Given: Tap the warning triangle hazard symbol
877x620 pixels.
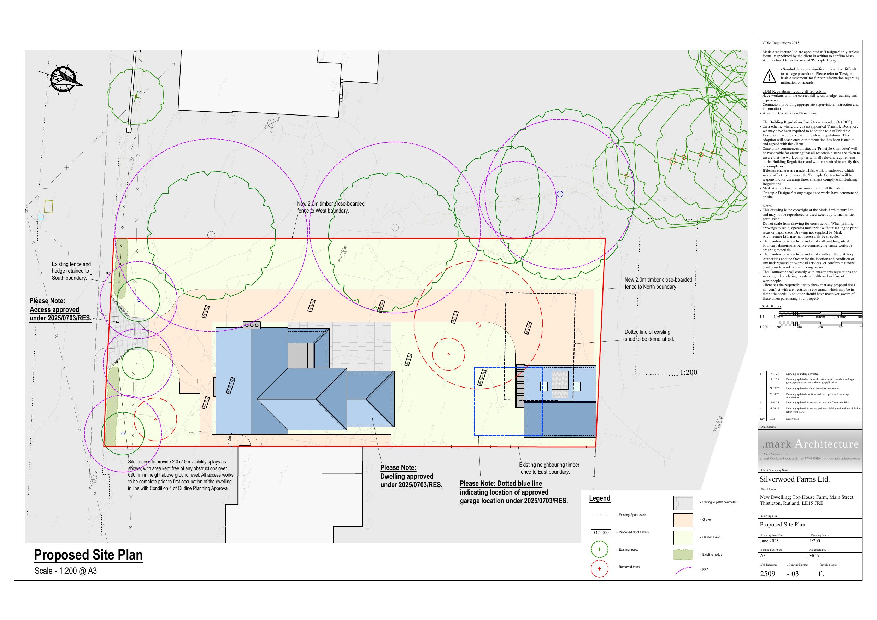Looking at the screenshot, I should (x=769, y=76).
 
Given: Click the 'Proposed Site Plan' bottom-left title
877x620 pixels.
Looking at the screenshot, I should (x=88, y=555).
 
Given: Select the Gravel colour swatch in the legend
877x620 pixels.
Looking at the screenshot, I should (x=683, y=520).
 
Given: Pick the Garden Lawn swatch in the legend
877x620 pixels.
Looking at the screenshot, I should (x=683, y=537).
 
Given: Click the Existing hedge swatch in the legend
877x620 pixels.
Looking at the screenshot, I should (x=683, y=555).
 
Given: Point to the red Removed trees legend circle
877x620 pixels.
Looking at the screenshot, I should (x=599, y=569).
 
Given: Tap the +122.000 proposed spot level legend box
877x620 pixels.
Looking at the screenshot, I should (x=601, y=532).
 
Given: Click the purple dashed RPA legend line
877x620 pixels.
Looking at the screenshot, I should (x=683, y=570).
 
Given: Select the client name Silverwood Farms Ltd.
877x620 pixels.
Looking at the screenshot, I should (x=795, y=479).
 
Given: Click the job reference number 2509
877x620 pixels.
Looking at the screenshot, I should (x=767, y=574).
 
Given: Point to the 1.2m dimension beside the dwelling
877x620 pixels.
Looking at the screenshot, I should (x=230, y=440).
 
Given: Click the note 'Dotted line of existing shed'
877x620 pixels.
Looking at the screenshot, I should (x=649, y=335).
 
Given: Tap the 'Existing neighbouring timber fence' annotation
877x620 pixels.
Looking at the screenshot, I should (x=549, y=468).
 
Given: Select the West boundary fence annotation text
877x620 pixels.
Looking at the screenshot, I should (x=330, y=207).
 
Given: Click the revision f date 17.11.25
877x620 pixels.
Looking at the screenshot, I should (x=774, y=374).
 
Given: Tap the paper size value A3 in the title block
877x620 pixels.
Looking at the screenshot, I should (x=763, y=556).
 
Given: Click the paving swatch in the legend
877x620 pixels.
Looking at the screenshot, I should (x=683, y=503).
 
